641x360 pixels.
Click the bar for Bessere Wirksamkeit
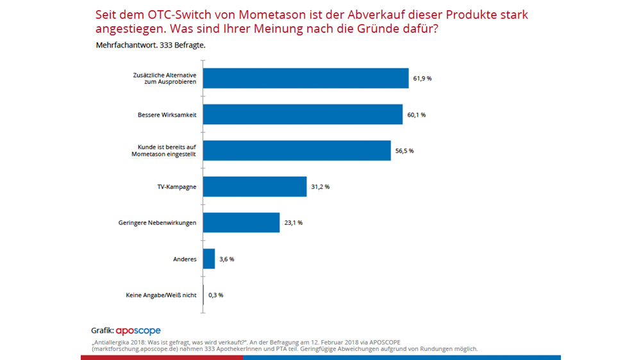(303, 115)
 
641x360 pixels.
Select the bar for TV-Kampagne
(254, 186)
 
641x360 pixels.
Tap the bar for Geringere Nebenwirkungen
(241, 222)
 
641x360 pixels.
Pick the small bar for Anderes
(209, 259)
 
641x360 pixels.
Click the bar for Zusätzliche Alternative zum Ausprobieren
(306, 78)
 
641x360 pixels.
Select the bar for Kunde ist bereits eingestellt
(297, 151)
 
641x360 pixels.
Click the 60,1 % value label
(417, 115)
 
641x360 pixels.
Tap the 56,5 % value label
(404, 151)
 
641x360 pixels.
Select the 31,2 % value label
(320, 186)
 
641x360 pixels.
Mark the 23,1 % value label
(293, 223)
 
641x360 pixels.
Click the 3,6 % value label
(226, 259)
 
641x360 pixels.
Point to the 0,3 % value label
(216, 295)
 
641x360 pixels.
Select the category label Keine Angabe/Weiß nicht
(162, 295)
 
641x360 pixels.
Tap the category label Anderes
(185, 259)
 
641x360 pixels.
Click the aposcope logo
(138, 331)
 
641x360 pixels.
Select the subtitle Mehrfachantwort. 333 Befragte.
(151, 45)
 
